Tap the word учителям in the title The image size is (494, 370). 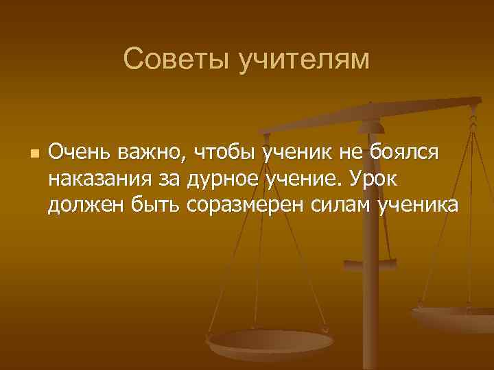[304, 61]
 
